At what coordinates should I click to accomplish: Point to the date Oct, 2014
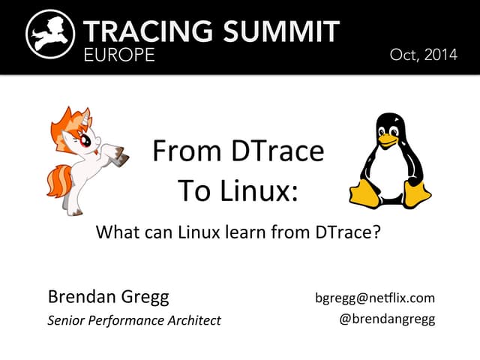(423, 55)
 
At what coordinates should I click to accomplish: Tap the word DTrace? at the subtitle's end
(344, 232)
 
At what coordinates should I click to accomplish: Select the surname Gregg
(142, 297)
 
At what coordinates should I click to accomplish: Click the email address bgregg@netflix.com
(376, 298)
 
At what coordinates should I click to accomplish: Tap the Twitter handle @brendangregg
(388, 319)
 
